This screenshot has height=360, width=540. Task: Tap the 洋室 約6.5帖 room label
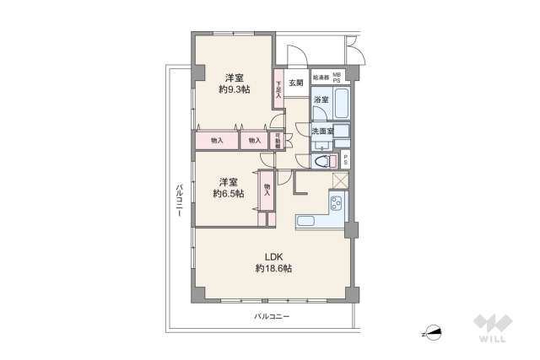[228, 187]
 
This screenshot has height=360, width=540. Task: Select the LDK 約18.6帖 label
[273, 262]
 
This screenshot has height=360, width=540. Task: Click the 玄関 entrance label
[295, 83]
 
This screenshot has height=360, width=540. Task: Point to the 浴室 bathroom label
[321, 100]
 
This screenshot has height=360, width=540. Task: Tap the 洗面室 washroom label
[321, 132]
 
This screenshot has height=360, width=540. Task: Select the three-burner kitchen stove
[336, 202]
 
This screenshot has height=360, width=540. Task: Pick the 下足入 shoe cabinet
[278, 89]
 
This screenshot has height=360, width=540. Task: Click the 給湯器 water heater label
[321, 78]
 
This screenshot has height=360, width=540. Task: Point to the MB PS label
[338, 78]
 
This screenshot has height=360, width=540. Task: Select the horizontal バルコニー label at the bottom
[272, 316]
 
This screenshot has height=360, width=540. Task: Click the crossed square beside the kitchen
[340, 180]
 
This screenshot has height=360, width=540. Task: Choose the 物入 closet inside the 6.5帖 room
[267, 191]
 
